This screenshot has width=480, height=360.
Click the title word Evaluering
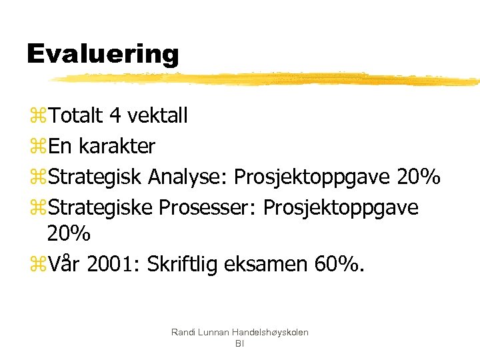[x=103, y=53]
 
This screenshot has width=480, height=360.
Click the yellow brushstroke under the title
[x=267, y=79]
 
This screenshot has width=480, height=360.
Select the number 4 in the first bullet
[x=115, y=116]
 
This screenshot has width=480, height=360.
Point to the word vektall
[x=157, y=116]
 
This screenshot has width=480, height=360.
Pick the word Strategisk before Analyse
[x=95, y=177]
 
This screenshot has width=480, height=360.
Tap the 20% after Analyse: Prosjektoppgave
[x=418, y=177]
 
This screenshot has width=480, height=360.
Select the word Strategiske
[x=101, y=207]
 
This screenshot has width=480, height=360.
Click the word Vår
[x=65, y=265]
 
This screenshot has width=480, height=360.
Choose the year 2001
[x=111, y=265]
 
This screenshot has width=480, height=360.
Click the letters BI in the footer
[x=239, y=343]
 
